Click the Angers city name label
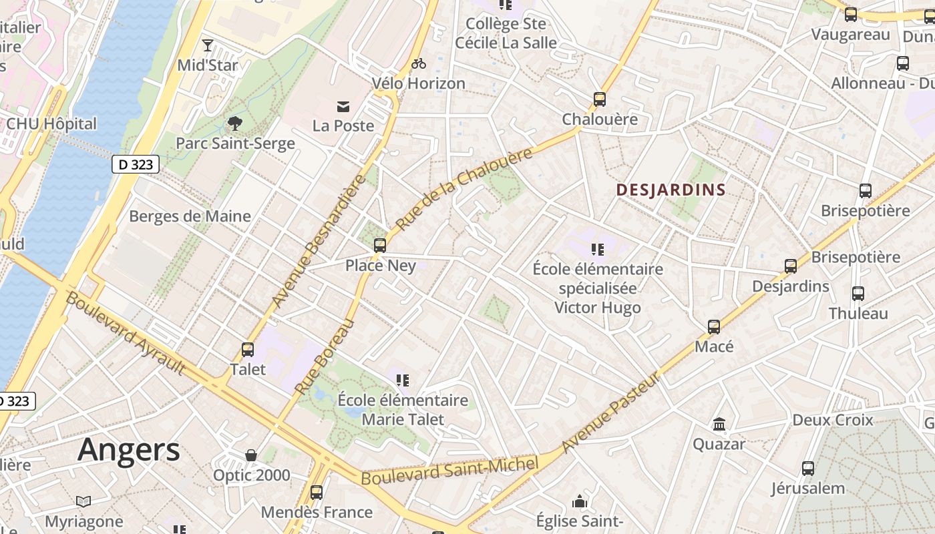click(128, 450)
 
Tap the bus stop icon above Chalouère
click(600, 99)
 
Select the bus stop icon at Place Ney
click(380, 245)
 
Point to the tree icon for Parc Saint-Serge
click(234, 123)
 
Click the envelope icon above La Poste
click(343, 106)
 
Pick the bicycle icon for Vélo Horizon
click(419, 63)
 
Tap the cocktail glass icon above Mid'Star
click(208, 45)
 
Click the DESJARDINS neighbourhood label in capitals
click(671, 190)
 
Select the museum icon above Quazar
click(719, 424)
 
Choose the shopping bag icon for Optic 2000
click(251, 455)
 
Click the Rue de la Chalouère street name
click(464, 189)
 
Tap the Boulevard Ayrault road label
click(125, 333)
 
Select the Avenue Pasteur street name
click(611, 413)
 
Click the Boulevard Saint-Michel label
click(449, 471)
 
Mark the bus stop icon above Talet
click(248, 349)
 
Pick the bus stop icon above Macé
click(714, 327)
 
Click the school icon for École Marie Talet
click(402, 380)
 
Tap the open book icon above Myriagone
click(83, 501)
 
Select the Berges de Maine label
click(190, 216)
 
